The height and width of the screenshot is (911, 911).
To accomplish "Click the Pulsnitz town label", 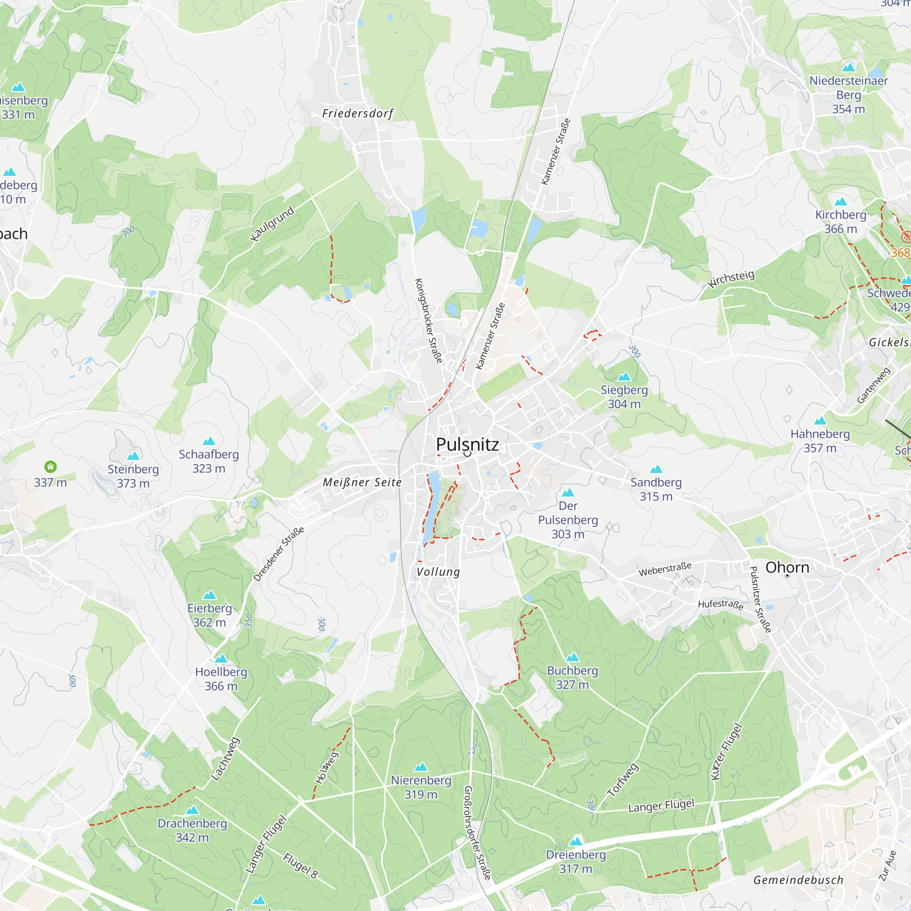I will click(x=467, y=444).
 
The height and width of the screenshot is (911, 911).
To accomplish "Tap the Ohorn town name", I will click(x=787, y=567).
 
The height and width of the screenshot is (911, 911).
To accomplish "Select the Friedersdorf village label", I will click(x=358, y=113).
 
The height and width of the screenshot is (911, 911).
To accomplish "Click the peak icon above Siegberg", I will click(x=624, y=376).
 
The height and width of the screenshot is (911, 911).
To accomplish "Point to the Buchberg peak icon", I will click(x=572, y=657).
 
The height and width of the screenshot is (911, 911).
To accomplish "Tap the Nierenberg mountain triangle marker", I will click(x=420, y=767).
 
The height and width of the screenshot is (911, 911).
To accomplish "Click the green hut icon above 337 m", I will click(x=51, y=467).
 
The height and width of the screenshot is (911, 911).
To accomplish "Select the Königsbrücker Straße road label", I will click(x=428, y=321).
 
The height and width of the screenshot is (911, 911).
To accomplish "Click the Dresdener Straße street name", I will click(x=279, y=554).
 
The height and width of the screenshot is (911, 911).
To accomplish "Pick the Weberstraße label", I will click(x=665, y=569).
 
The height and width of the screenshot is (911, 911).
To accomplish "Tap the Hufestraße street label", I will click(x=721, y=604).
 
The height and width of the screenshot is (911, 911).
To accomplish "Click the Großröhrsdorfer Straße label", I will click(x=477, y=833).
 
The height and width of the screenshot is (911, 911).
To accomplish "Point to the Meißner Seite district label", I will click(x=362, y=482).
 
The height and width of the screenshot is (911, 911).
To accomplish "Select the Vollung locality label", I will click(x=438, y=572).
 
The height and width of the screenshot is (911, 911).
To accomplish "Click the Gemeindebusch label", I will click(x=798, y=880).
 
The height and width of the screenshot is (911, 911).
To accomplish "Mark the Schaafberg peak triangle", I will click(x=209, y=441).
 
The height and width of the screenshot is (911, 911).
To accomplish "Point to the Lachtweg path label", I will click(x=225, y=759).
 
